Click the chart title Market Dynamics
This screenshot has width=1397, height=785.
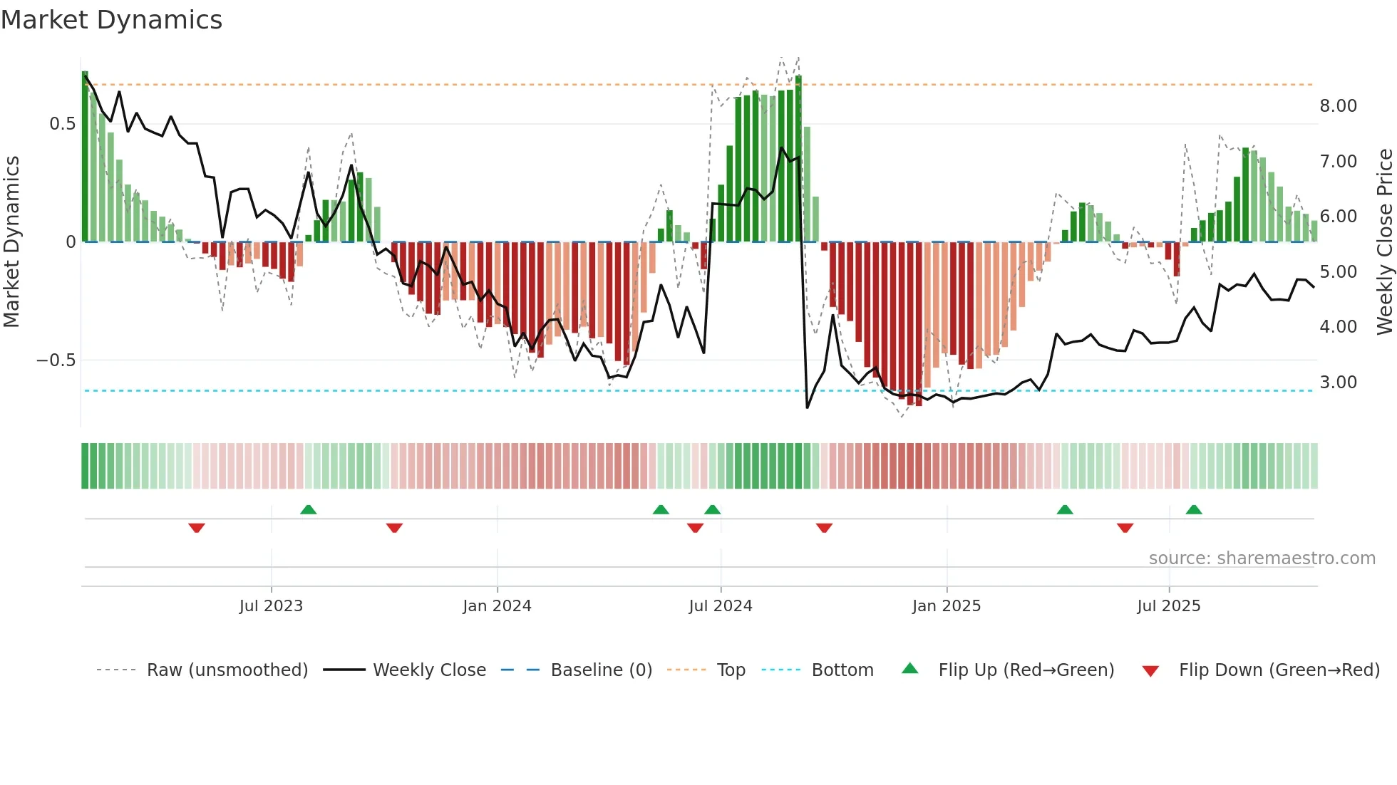tap(112, 20)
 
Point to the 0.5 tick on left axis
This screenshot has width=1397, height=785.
tap(62, 124)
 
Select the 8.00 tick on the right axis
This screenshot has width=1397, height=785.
tap(1338, 106)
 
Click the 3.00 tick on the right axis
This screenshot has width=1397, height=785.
tap(1338, 383)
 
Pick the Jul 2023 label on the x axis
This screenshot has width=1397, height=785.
tap(271, 606)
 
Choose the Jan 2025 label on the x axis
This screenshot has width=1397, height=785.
tap(946, 606)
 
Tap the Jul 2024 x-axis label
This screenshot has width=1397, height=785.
tap(720, 606)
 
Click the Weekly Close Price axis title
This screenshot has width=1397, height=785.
tap(1384, 241)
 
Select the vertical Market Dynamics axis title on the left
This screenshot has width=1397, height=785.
tap(11, 241)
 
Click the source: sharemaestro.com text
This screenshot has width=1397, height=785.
tap(1262, 558)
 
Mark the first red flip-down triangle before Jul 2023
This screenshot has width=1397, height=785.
tap(197, 528)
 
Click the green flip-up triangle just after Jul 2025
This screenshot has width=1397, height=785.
tap(1194, 509)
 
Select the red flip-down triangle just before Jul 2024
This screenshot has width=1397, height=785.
tap(695, 528)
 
